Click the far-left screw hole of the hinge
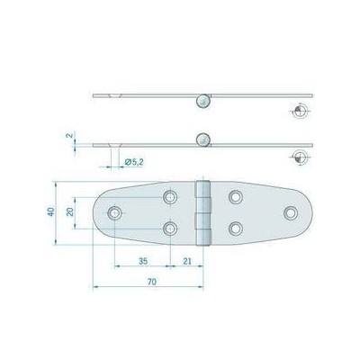coord(114,212)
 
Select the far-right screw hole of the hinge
coord(291,212)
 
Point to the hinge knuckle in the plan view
coord(202,212)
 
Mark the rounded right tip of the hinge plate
coord(309,212)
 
